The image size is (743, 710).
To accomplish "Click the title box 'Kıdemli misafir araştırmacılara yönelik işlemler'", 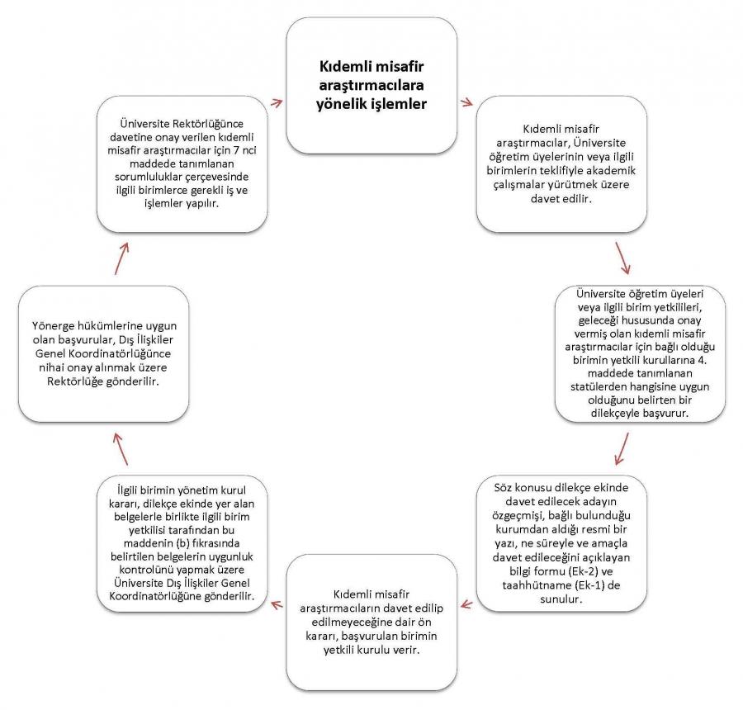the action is (371, 86).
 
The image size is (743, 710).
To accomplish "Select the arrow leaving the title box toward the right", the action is (466, 102).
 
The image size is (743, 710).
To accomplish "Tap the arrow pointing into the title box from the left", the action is (277, 102).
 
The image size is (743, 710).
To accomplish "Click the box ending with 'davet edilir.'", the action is (561, 164).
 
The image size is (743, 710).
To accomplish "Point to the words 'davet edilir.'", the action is (561, 199).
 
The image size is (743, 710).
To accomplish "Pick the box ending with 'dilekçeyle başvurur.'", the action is (640, 353).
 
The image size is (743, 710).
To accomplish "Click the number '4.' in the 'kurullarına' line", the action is (702, 360).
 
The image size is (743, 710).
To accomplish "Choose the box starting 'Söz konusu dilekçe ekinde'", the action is (561, 543).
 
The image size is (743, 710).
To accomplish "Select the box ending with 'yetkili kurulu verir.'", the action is (371, 622).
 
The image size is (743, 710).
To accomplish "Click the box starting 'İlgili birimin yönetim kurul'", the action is (182, 543).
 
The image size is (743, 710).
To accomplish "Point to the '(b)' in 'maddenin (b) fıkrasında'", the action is (183, 543).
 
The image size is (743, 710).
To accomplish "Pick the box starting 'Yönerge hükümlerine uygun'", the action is (104, 353).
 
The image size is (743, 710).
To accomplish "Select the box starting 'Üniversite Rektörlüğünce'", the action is (182, 164).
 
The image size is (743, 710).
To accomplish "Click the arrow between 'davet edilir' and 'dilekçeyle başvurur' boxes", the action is (623, 258).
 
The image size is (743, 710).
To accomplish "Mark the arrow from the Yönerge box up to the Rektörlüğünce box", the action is (122, 258).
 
